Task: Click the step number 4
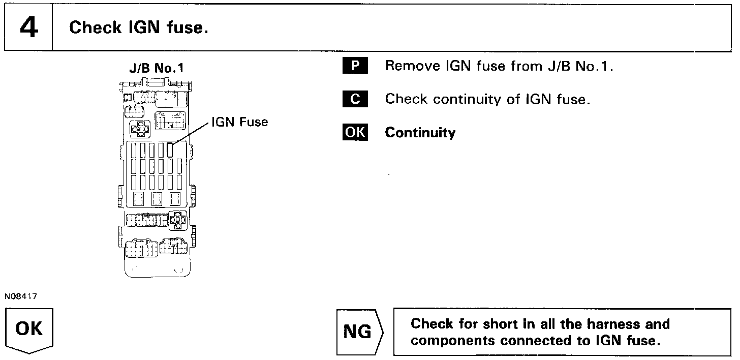coord(28,27)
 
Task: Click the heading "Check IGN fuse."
coord(138,27)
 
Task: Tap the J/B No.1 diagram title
coord(157,69)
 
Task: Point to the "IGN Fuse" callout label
coord(240,122)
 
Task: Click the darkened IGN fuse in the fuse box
coord(170,150)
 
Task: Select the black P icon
coord(355,67)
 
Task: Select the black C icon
coord(355,99)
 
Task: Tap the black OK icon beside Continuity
coord(355,132)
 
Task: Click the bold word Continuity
coord(420,133)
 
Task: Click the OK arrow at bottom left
coord(29,330)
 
